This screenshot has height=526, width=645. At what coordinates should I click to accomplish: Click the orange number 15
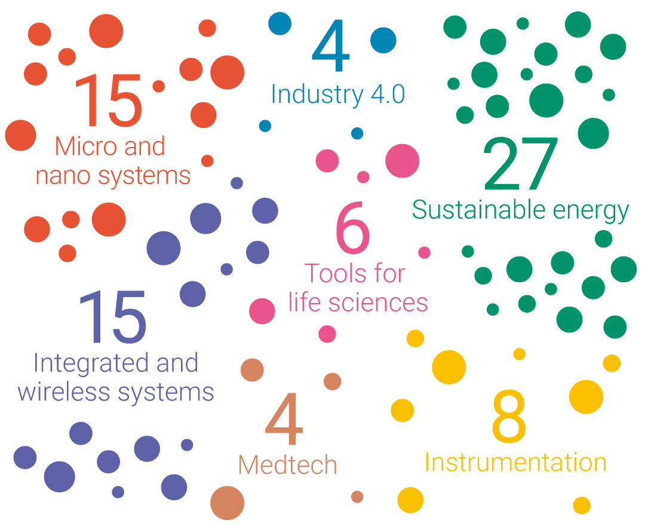[108, 100]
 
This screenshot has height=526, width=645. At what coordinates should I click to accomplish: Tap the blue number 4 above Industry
[331, 45]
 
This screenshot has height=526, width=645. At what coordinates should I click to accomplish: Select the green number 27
[520, 164]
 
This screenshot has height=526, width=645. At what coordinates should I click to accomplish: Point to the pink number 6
[352, 228]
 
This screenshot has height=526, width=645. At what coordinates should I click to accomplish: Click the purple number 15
[112, 317]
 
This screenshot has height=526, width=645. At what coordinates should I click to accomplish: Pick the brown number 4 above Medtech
[284, 419]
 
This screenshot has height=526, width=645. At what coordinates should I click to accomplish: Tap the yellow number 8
[509, 417]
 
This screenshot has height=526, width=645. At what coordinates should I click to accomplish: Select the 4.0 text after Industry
[388, 94]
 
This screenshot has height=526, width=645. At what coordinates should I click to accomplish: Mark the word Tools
[330, 273]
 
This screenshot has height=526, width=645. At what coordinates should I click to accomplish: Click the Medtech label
[287, 464]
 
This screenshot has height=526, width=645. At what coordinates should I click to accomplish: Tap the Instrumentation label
[515, 462]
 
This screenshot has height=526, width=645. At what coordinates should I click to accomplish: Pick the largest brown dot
[227, 503]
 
